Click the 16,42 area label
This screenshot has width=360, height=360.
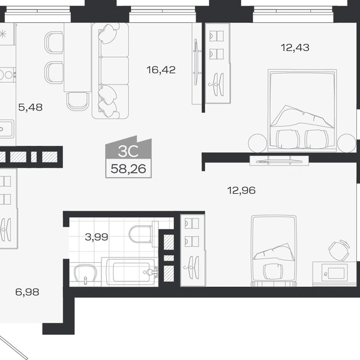[x=161, y=70]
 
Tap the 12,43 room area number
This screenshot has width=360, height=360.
[x=295, y=48]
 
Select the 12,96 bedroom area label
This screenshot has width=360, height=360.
[x=241, y=191]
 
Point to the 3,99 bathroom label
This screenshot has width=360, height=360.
[x=97, y=237]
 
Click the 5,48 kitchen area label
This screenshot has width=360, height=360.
[x=31, y=107]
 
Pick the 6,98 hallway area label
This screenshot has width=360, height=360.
[x=27, y=292]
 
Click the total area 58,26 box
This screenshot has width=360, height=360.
[x=128, y=169]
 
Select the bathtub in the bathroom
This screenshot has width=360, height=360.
[x=130, y=272]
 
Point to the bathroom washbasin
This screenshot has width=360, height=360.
[x=85, y=274]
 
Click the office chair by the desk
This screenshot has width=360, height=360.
[x=340, y=250]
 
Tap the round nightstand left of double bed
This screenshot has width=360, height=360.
[x=257, y=143]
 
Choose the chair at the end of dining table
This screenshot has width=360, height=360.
[x=78, y=101]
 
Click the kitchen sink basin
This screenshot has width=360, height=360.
[x=6, y=129]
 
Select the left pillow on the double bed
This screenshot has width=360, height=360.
[x=288, y=139]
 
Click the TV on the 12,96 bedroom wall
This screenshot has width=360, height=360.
[x=279, y=161]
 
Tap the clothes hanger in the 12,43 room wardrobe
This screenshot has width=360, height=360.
[x=216, y=84]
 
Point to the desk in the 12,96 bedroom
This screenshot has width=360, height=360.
[x=335, y=274]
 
